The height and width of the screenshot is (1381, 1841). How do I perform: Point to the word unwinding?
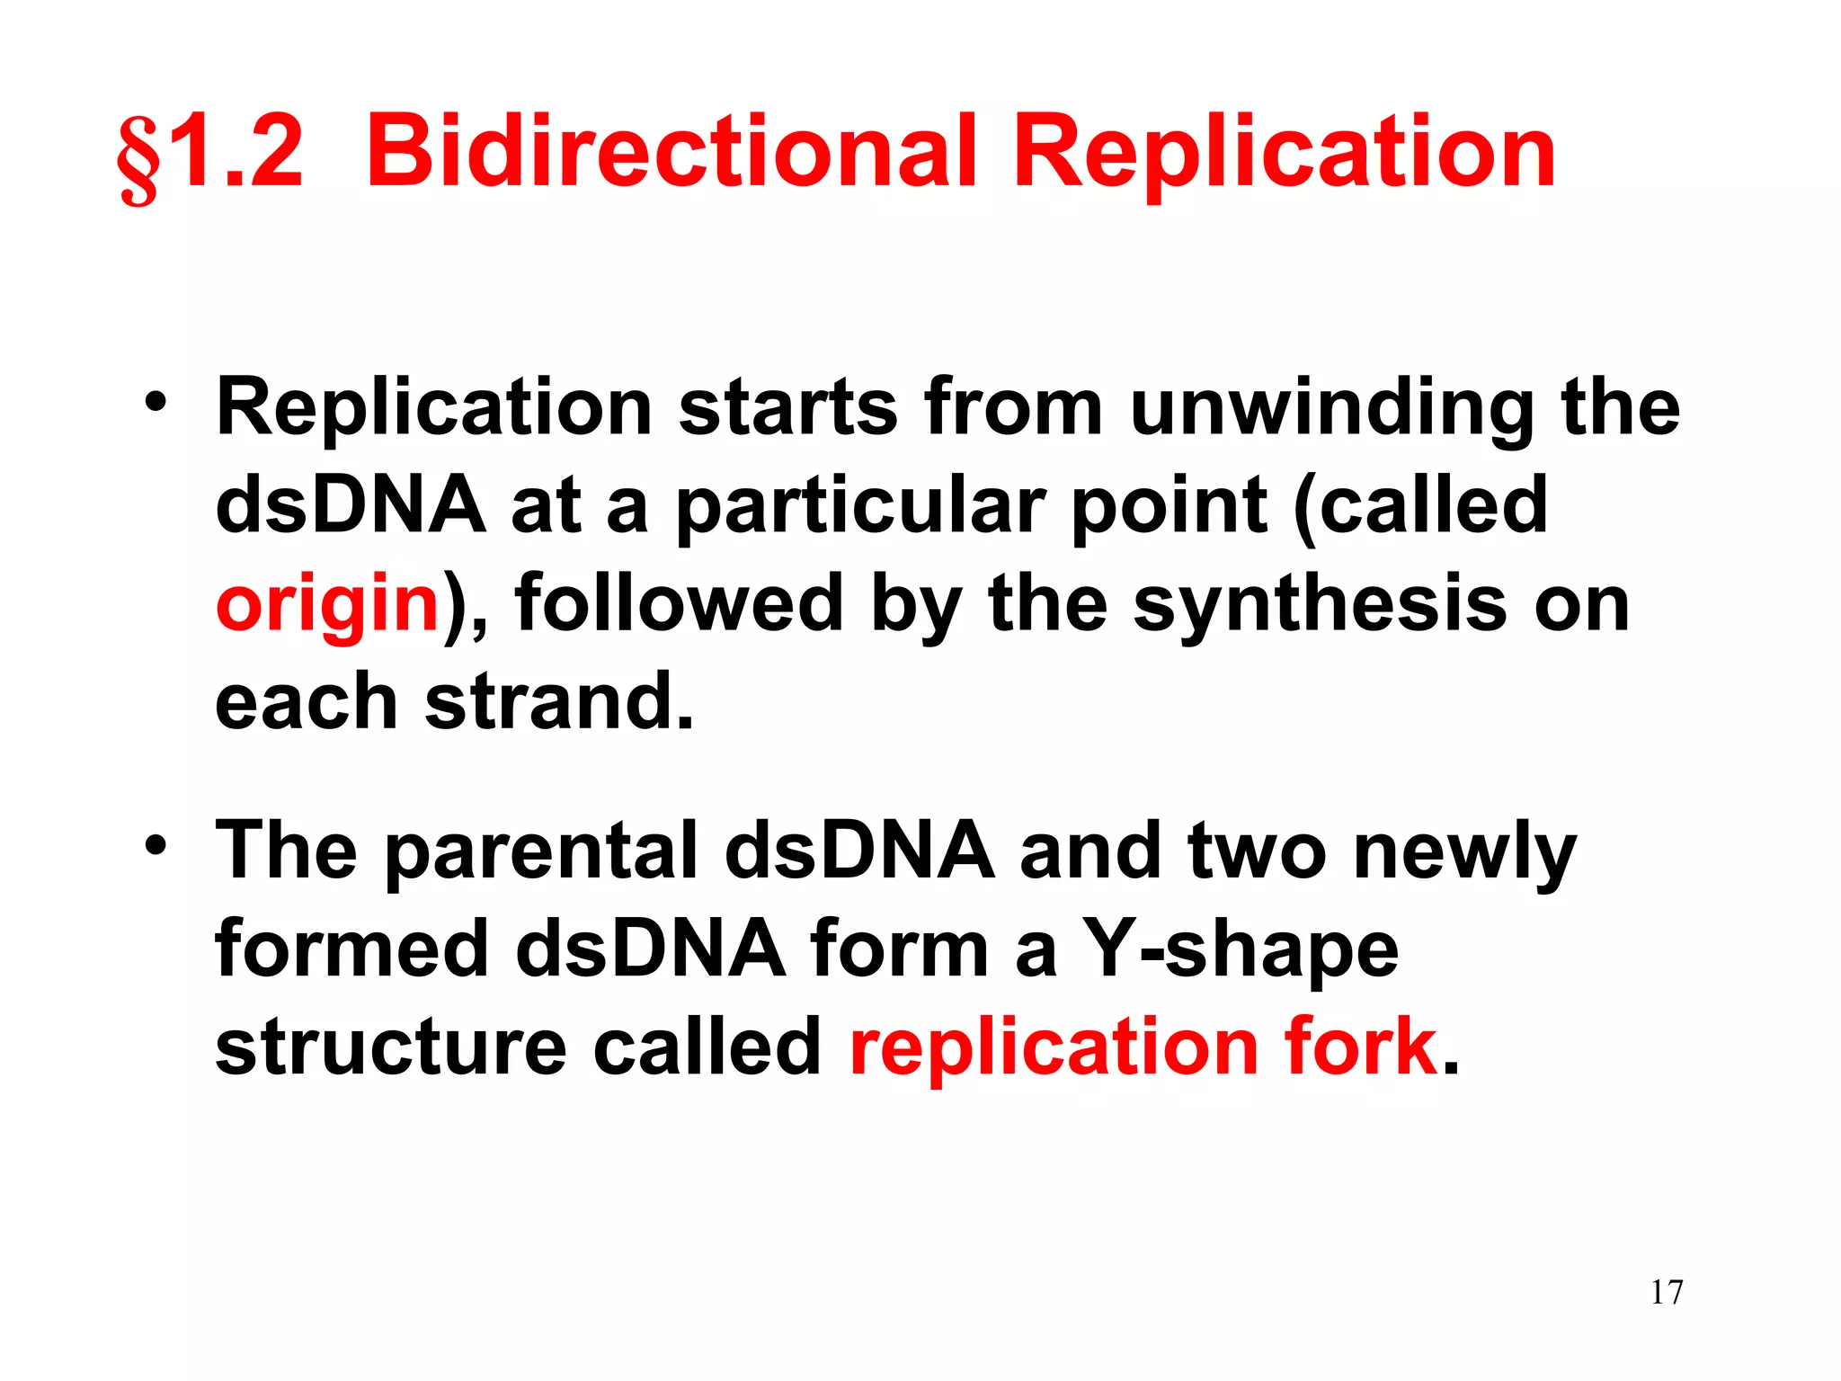point(1330,410)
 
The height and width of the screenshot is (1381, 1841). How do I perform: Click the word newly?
point(1464,852)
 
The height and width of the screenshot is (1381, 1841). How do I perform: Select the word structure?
point(391,1047)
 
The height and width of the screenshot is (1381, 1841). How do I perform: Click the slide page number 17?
point(1666,1293)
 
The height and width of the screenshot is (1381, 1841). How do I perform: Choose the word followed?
point(679,604)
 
